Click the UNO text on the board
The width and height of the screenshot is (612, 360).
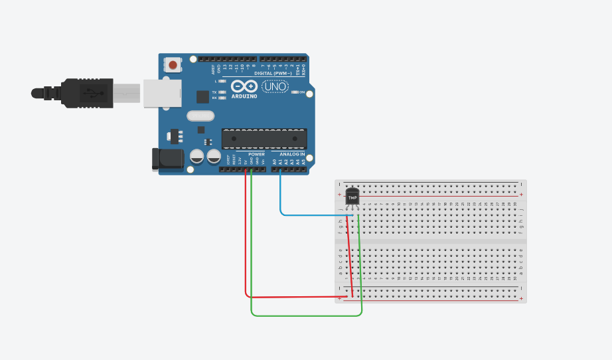275,86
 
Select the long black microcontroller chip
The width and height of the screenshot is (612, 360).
264,138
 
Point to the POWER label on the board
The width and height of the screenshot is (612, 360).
256,154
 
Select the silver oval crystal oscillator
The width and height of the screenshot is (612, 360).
201,116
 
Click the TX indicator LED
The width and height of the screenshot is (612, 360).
222,92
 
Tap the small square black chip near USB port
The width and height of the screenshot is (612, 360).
202,96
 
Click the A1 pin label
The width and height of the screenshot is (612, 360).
280,161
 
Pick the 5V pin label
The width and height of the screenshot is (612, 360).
246,161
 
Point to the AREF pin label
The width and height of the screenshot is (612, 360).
213,68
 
